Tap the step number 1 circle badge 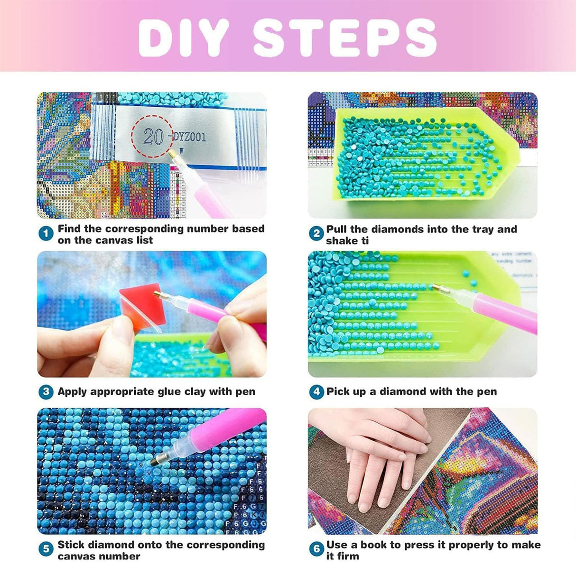coord(46,234)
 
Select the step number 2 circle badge coord(316,234)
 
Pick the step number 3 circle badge coord(46,392)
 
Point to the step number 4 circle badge coord(316,392)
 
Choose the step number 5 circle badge coord(46,549)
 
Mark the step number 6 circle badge coord(316,549)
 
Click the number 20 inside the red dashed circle coord(153,137)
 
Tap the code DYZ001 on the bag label coord(189,137)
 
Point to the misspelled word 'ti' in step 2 coord(364,241)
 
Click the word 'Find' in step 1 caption coord(69,229)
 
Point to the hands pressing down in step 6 coord(380,455)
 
